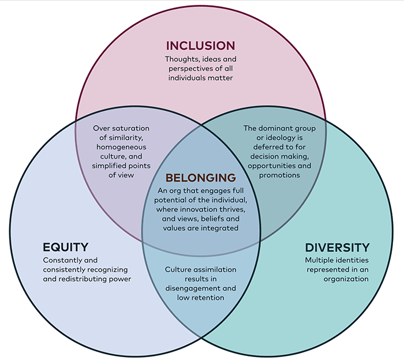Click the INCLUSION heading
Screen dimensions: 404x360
coord(200,46)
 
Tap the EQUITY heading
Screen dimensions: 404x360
coord(65,247)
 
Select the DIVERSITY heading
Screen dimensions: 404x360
coord(337,247)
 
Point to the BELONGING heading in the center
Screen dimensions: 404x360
coord(201,178)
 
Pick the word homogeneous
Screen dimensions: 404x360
coord(121,147)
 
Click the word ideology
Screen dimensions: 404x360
coord(277,138)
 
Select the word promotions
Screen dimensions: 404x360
coord(279,175)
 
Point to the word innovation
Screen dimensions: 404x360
coord(201,209)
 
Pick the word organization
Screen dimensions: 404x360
coord(346,279)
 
